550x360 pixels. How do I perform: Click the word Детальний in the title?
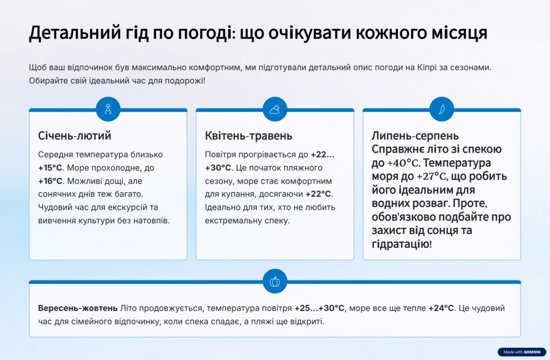coord(75,33)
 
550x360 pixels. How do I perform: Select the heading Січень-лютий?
coord(74,135)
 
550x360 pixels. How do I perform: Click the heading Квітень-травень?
coord(248,136)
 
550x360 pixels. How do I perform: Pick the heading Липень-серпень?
coord(415,136)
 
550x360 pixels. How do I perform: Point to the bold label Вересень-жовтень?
coord(77,308)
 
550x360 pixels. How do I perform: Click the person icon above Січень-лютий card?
coord(108,110)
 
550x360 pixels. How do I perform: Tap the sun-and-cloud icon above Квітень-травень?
coord(274,110)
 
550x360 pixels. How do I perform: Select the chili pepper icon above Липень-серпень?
coord(442,110)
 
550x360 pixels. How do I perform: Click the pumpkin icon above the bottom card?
coord(274,282)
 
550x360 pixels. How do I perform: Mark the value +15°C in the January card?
coord(50,168)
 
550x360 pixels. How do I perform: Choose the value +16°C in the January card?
coord(50,181)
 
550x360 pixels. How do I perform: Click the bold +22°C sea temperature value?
coord(318,194)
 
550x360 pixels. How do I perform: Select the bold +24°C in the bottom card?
coord(441,308)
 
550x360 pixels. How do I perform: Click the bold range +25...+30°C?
coord(319,308)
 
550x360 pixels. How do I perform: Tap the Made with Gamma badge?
coord(522,352)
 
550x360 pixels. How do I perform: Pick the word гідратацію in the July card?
coord(400,244)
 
